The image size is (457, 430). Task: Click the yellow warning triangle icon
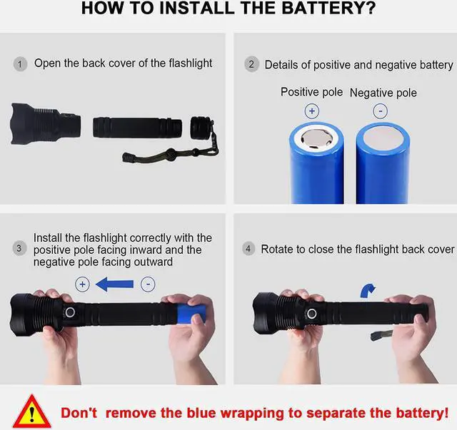pyautogui.click(x=31, y=411)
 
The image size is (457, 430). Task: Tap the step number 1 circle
pyautogui.click(x=20, y=64)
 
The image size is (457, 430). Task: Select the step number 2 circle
pyautogui.click(x=251, y=64)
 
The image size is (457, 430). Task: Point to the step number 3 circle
pyautogui.click(x=19, y=249)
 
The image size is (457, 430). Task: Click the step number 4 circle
pyautogui.click(x=248, y=249)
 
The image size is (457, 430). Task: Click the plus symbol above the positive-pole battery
pyautogui.click(x=312, y=111)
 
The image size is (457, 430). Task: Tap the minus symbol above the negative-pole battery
pyautogui.click(x=381, y=111)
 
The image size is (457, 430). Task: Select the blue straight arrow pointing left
pyautogui.click(x=114, y=284)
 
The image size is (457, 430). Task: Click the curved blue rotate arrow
pyautogui.click(x=368, y=290)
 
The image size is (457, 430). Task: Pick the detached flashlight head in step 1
pyautogui.click(x=45, y=124)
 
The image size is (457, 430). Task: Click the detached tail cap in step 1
pyautogui.click(x=201, y=128)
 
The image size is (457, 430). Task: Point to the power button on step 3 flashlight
pyautogui.click(x=70, y=312)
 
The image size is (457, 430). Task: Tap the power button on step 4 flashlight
pyautogui.click(x=311, y=314)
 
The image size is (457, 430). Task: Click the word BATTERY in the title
pyautogui.click(x=328, y=8)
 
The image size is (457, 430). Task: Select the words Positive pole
pyautogui.click(x=311, y=92)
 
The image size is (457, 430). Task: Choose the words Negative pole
pyautogui.click(x=383, y=93)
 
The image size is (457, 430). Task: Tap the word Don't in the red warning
pyautogui.click(x=79, y=413)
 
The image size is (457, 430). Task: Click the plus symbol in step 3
pyautogui.click(x=83, y=284)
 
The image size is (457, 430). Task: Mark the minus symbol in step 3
pyautogui.click(x=148, y=284)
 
